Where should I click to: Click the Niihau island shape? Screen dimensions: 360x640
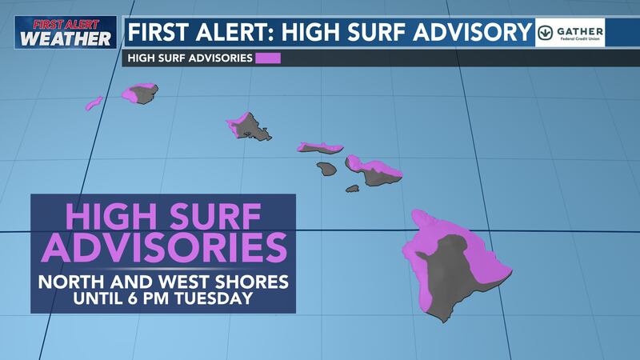click(x=94, y=103)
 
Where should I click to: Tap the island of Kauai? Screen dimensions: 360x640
click(x=141, y=94)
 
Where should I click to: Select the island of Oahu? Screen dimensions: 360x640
click(x=251, y=127)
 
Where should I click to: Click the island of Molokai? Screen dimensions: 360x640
click(x=320, y=148)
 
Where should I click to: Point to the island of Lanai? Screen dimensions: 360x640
click(x=326, y=169)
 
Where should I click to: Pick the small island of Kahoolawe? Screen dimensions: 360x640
click(x=352, y=189)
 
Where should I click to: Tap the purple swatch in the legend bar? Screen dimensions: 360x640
click(x=268, y=58)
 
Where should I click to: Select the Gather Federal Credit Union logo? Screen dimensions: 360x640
click(x=570, y=32)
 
